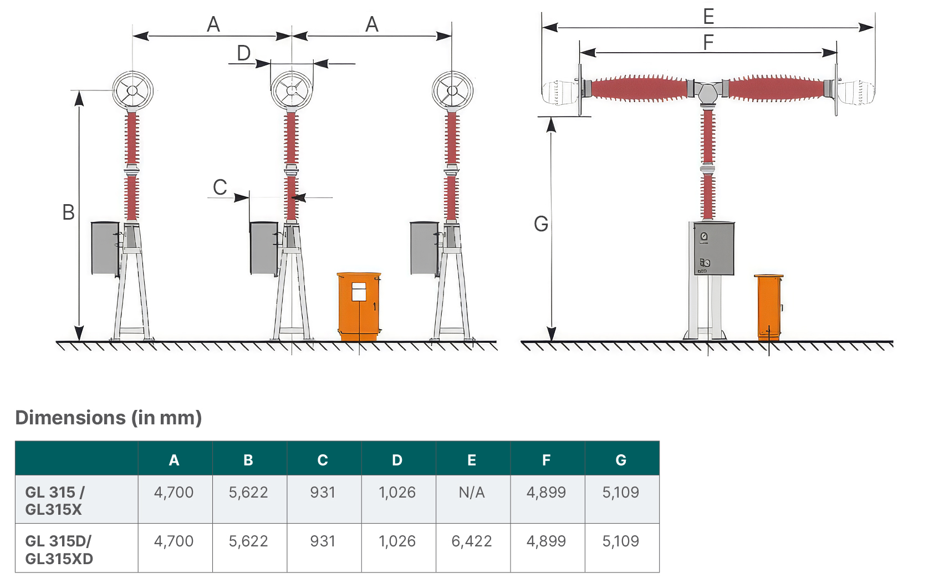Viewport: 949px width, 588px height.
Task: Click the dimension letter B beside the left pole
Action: tap(69, 212)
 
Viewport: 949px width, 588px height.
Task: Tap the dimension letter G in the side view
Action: tap(541, 224)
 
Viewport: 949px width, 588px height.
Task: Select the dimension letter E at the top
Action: tap(708, 17)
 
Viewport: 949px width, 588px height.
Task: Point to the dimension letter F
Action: tap(708, 42)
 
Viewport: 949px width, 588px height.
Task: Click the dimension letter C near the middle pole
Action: tap(220, 187)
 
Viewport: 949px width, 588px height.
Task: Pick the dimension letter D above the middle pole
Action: tap(243, 53)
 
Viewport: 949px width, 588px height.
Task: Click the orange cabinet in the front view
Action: tap(359, 306)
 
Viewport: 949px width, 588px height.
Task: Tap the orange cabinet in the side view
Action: tap(768, 307)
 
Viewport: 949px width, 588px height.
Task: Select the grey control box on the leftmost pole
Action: tap(105, 249)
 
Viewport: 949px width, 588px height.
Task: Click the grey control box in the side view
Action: tap(714, 249)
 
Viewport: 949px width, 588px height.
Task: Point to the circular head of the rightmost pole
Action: tap(452, 91)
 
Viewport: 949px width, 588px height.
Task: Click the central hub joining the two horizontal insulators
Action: tap(707, 93)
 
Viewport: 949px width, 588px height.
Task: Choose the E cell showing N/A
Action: tap(472, 492)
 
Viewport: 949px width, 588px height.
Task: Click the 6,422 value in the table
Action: tap(472, 541)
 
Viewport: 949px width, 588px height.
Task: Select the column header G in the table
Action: tap(621, 460)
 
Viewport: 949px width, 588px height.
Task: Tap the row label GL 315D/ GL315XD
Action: tap(58, 550)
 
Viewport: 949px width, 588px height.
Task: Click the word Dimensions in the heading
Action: tap(70, 418)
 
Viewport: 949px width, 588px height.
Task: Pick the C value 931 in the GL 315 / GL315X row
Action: tap(323, 492)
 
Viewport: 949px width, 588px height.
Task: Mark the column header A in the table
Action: tap(174, 460)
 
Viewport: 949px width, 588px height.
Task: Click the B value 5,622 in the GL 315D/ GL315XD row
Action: tap(248, 541)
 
